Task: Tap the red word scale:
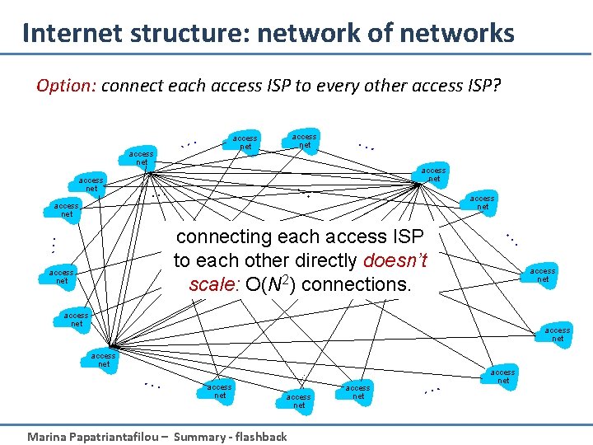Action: pyautogui.click(x=213, y=284)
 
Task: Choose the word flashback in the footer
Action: pyautogui.click(x=261, y=437)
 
